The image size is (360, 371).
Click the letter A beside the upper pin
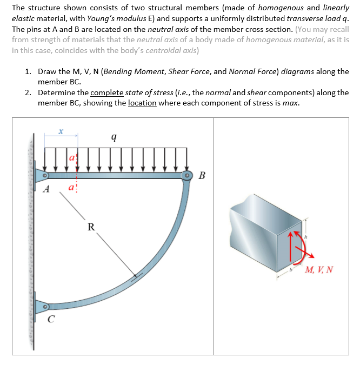pyautogui.click(x=47, y=189)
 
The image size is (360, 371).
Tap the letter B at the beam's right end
pyautogui.click(x=202, y=175)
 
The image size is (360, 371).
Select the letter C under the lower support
pyautogui.click(x=50, y=319)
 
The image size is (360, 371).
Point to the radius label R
pyautogui.click(x=91, y=227)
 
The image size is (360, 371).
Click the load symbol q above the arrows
pyautogui.click(x=113, y=137)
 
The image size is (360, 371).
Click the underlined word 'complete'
pyautogui.click(x=108, y=92)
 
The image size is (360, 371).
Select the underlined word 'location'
pyautogui.click(x=142, y=103)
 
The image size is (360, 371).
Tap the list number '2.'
pyautogui.click(x=29, y=92)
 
